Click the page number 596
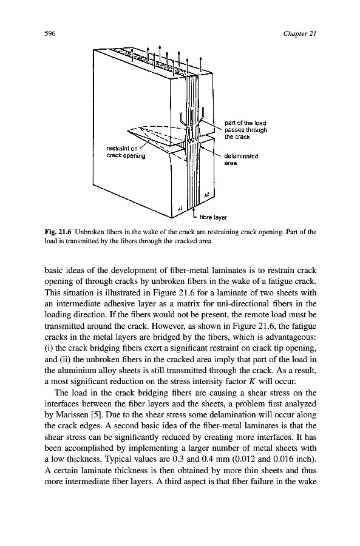(50, 34)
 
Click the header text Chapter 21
(300, 34)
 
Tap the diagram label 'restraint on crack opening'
(126, 152)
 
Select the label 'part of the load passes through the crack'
(246, 130)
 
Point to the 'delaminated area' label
(242, 160)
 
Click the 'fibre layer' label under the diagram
(213, 217)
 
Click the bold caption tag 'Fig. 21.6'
(58, 232)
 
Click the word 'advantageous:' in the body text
(295, 338)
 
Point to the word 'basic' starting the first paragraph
(52, 271)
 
